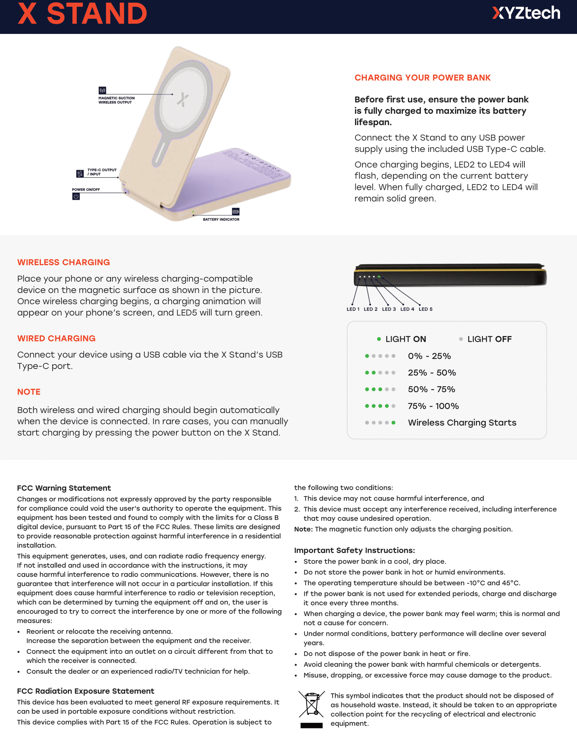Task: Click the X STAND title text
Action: (82, 14)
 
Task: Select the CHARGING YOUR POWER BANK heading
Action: (422, 78)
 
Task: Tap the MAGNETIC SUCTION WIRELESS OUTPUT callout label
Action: (116, 100)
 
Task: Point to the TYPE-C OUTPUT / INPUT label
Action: (101, 172)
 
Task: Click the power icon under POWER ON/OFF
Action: (76, 196)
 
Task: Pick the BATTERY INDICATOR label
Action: (221, 219)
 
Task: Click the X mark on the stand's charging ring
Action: (183, 99)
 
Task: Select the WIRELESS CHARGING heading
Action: (63, 262)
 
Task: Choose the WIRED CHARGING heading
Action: (56, 338)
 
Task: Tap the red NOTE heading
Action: (29, 391)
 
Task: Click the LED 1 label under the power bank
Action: (353, 309)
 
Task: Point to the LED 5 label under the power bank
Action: (426, 309)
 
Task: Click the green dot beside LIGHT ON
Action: (379, 339)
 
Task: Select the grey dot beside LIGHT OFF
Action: (461, 339)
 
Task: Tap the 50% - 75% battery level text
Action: (431, 389)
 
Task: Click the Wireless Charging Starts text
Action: (462, 423)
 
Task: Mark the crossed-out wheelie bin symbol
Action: (311, 704)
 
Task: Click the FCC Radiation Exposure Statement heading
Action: (86, 691)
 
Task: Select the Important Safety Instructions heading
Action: (354, 550)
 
